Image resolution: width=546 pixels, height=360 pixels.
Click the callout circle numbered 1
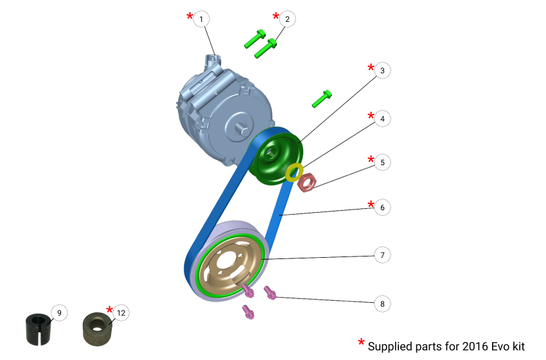click(x=202, y=19)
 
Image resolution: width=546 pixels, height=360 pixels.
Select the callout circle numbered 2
click(x=286, y=19)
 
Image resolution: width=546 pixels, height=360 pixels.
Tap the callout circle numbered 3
click(x=382, y=71)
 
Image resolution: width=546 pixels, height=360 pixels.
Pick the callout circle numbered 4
click(x=382, y=119)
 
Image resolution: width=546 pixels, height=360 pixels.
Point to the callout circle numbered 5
click(x=382, y=163)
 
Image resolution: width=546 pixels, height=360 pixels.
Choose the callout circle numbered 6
click(x=382, y=208)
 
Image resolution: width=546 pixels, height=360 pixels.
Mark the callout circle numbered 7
click(x=382, y=255)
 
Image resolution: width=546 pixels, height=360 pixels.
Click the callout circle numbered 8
click(x=382, y=303)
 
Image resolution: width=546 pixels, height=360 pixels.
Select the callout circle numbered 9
click(x=58, y=313)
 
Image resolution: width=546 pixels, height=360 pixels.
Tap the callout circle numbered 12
click(x=121, y=313)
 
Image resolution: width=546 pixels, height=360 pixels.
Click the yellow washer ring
click(x=294, y=172)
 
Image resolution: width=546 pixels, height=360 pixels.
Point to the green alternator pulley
click(x=277, y=157)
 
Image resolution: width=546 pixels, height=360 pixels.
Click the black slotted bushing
click(x=38, y=327)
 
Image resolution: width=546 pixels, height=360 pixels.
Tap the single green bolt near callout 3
click(x=322, y=98)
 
